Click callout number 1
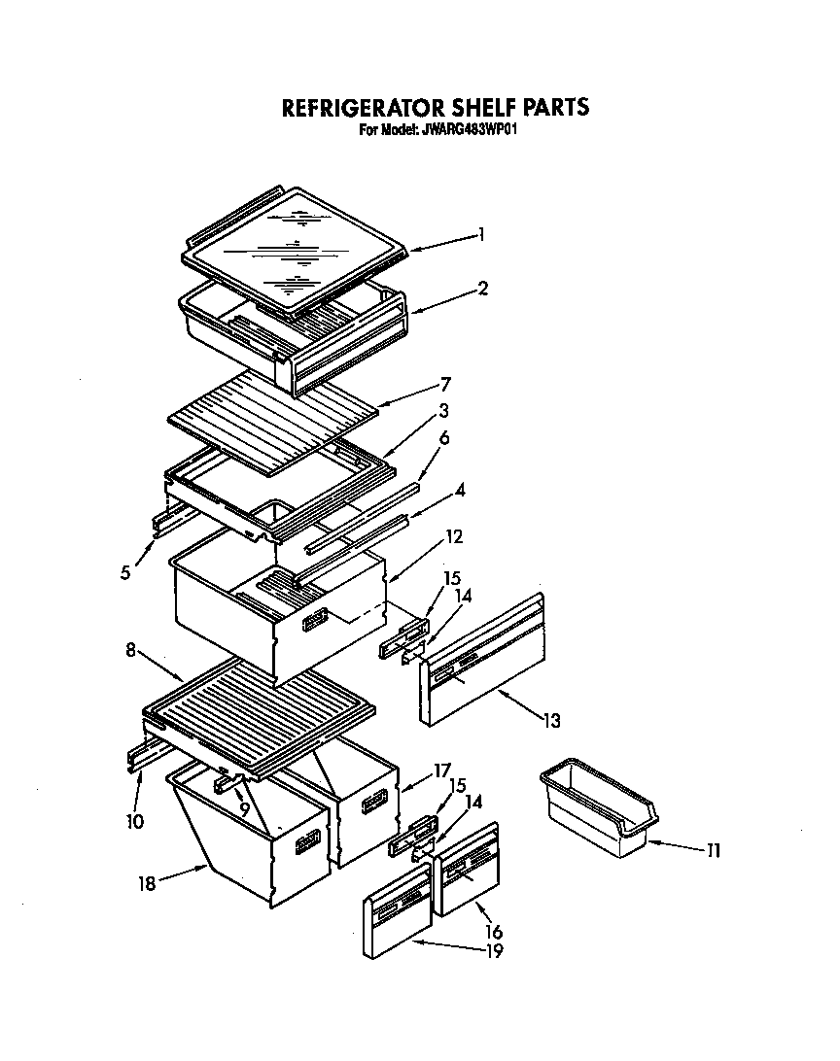click(480, 234)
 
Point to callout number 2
click(483, 288)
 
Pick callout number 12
click(454, 536)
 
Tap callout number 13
click(551, 721)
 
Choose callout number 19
click(494, 952)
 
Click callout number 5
click(125, 572)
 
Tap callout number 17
click(442, 771)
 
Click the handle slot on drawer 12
click(315, 619)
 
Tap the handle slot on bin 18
click(309, 842)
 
